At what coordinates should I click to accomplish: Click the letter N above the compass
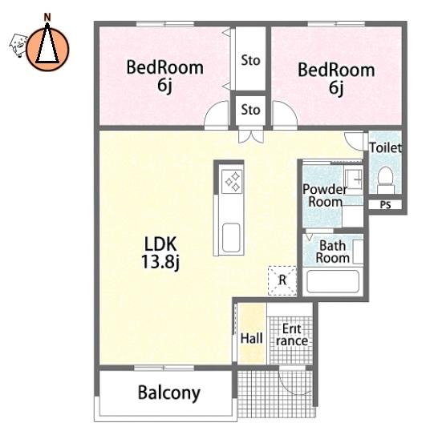[x=47, y=18]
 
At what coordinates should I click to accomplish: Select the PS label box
[x=385, y=205]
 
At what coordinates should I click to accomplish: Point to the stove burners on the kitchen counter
[x=233, y=181]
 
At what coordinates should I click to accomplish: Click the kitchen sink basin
[x=231, y=237]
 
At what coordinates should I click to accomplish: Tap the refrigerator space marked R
[x=282, y=280]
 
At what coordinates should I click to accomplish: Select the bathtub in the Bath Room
[x=333, y=281]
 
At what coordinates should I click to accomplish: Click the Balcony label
[x=169, y=393]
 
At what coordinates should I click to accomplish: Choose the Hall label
[x=251, y=338]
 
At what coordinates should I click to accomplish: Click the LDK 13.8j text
[x=160, y=252]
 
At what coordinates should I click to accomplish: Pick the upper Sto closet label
[x=250, y=60]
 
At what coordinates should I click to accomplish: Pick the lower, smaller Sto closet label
[x=250, y=110]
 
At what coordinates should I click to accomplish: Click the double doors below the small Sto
[x=251, y=135]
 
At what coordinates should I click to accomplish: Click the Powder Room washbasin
[x=353, y=179]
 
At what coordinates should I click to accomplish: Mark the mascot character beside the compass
[x=18, y=45]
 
